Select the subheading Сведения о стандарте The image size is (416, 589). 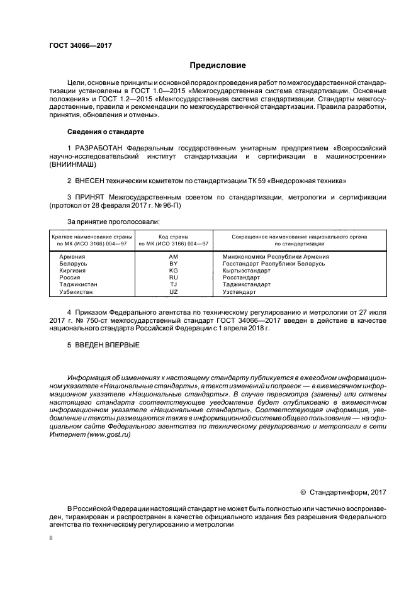point(106,132)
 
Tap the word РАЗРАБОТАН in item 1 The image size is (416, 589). point(97,147)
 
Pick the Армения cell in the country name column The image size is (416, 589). point(72,257)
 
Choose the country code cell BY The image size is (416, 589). point(174,264)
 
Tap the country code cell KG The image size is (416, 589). point(174,271)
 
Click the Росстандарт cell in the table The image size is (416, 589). point(241,278)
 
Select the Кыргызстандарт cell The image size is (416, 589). point(247,271)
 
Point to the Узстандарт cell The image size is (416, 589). point(239,292)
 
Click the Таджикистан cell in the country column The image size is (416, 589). point(78,284)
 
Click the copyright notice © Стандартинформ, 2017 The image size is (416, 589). point(344,491)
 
